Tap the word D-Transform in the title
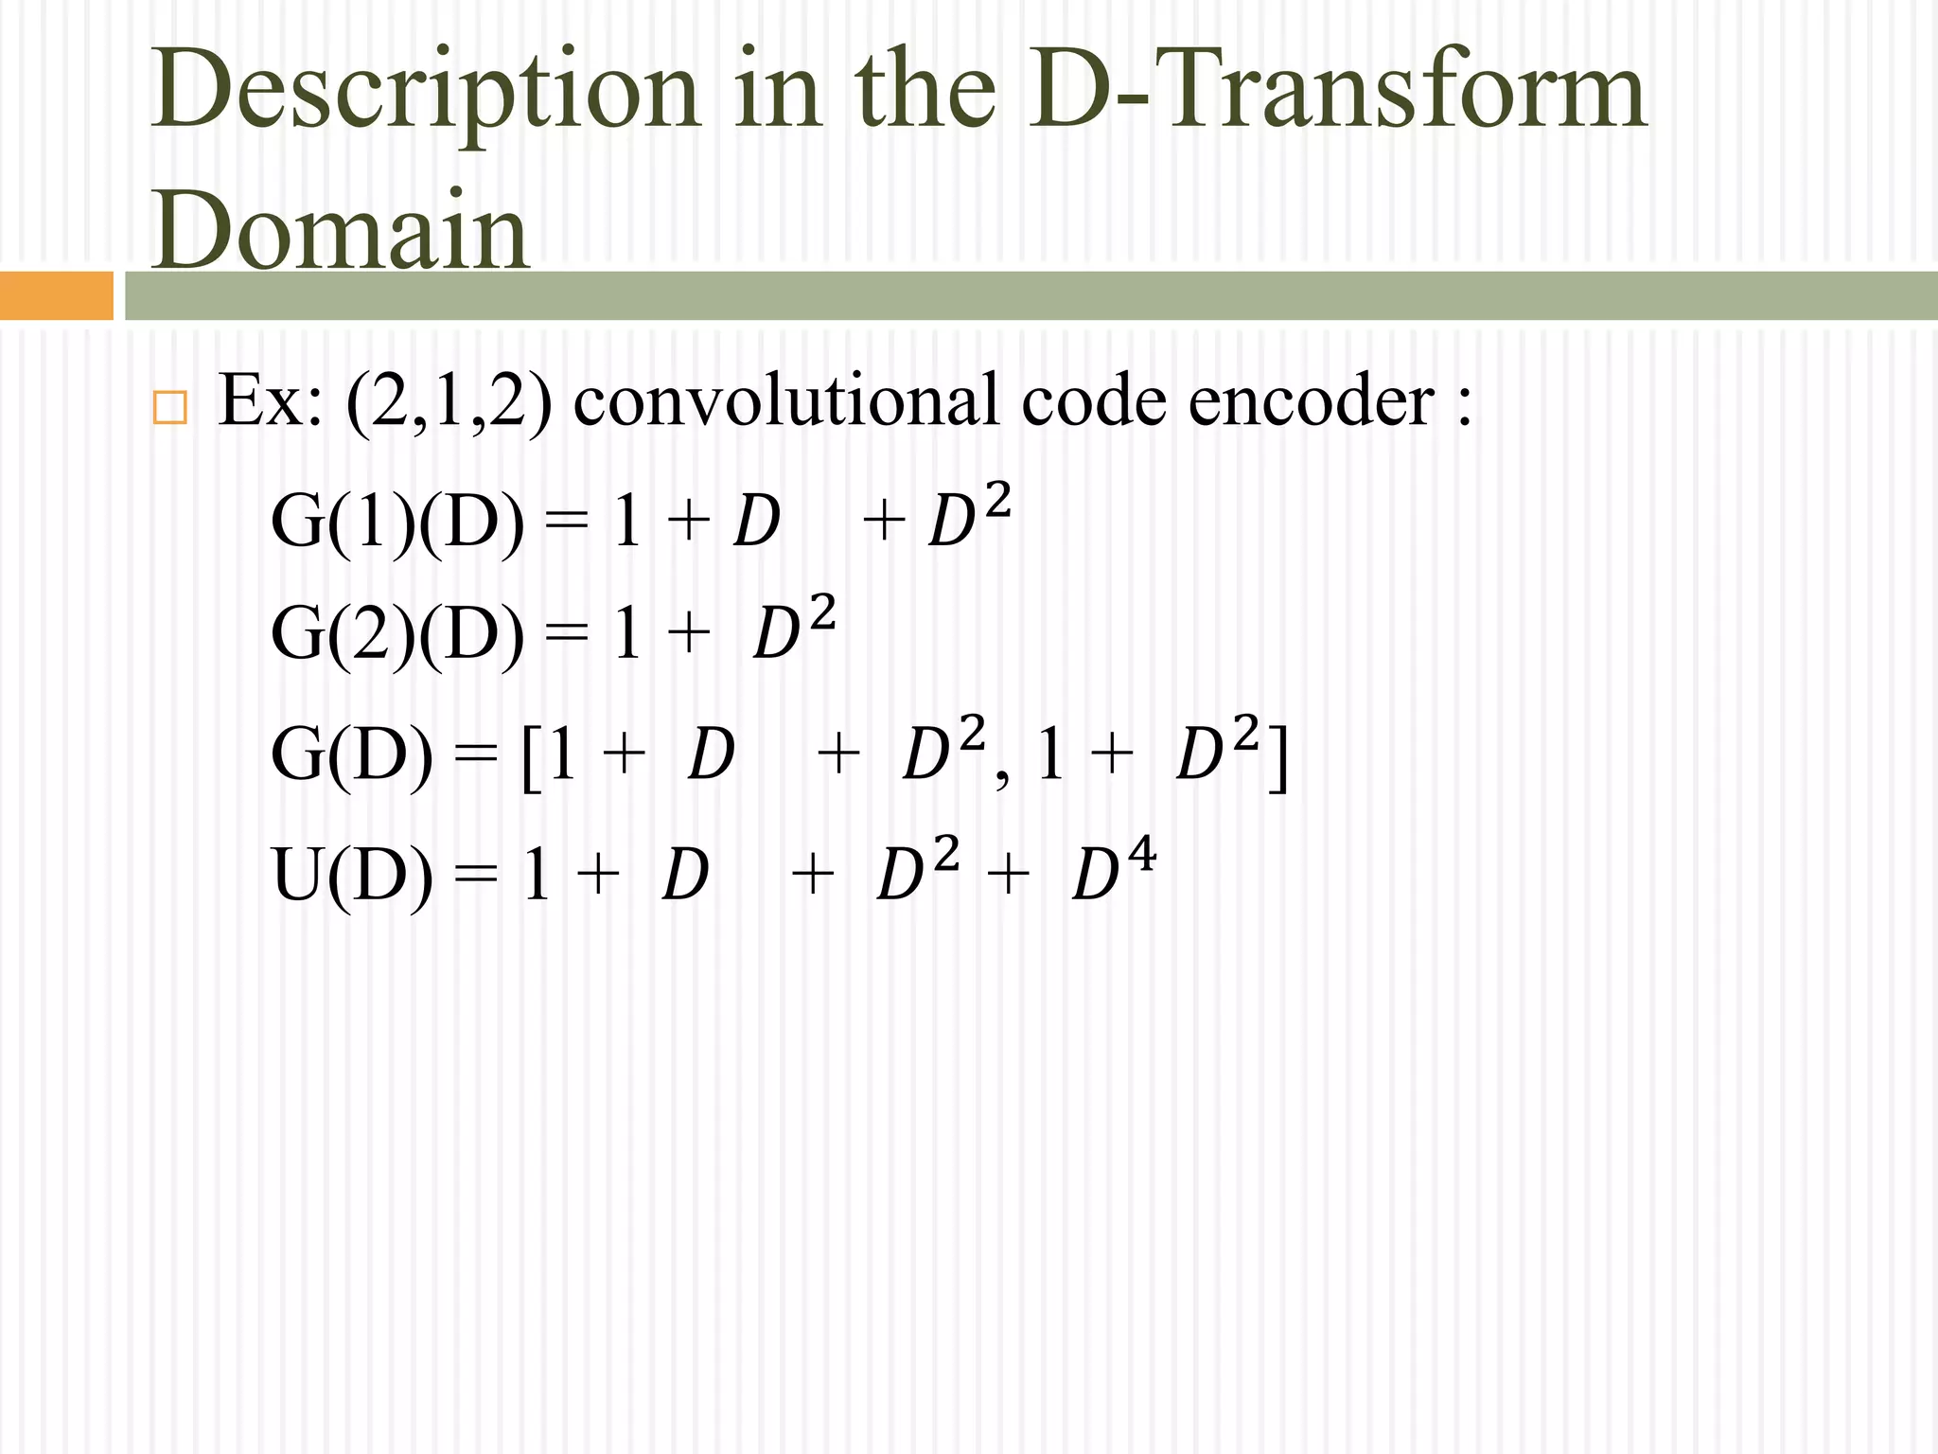[1338, 90]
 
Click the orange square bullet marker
[169, 408]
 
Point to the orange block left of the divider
[56, 295]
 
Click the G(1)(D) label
[396, 522]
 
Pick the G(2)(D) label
[396, 633]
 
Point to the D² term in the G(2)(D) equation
[794, 628]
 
